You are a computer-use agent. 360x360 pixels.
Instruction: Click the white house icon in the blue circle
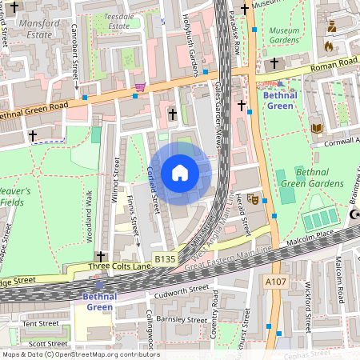(x=180, y=173)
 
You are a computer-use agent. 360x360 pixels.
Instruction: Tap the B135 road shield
(x=164, y=259)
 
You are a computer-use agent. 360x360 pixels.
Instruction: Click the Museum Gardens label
(x=283, y=34)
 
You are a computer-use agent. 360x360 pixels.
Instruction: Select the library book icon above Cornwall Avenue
(x=317, y=128)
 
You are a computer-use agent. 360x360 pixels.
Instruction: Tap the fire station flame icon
(x=328, y=46)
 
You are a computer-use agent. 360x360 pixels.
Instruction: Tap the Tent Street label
(x=40, y=324)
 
